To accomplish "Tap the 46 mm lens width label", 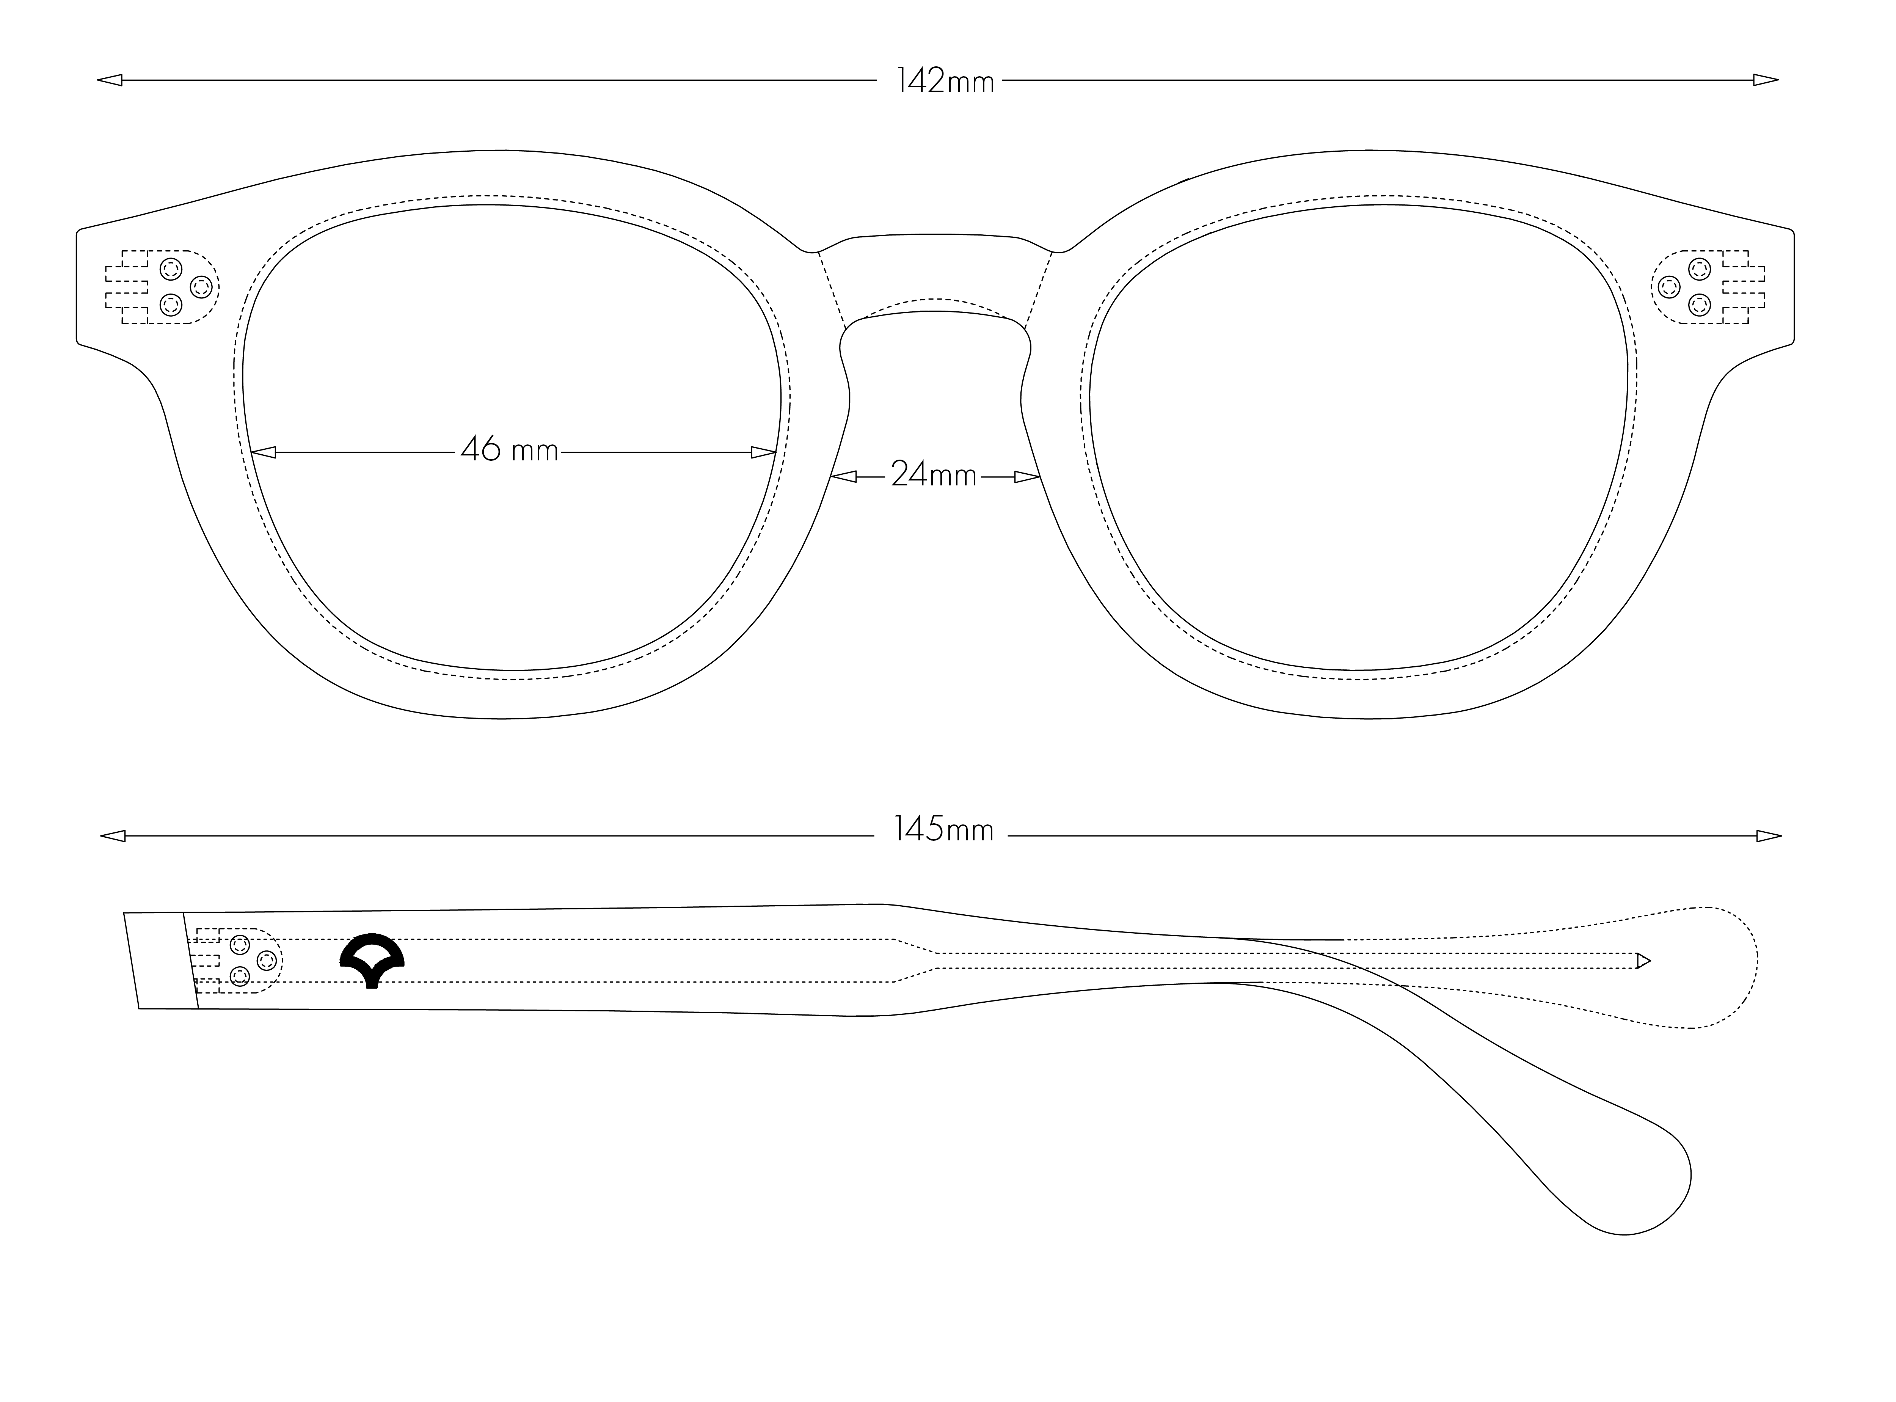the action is (509, 450).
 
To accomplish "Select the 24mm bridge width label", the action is (934, 475).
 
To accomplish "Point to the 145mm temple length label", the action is (944, 829).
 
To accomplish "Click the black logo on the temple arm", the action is (372, 962).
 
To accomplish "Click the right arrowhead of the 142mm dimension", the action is (1765, 81).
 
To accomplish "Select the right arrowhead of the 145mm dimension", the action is (1769, 836).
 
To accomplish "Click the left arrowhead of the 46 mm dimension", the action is (264, 452).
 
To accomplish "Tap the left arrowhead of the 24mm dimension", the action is (844, 477).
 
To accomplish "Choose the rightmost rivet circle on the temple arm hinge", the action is (267, 960).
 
